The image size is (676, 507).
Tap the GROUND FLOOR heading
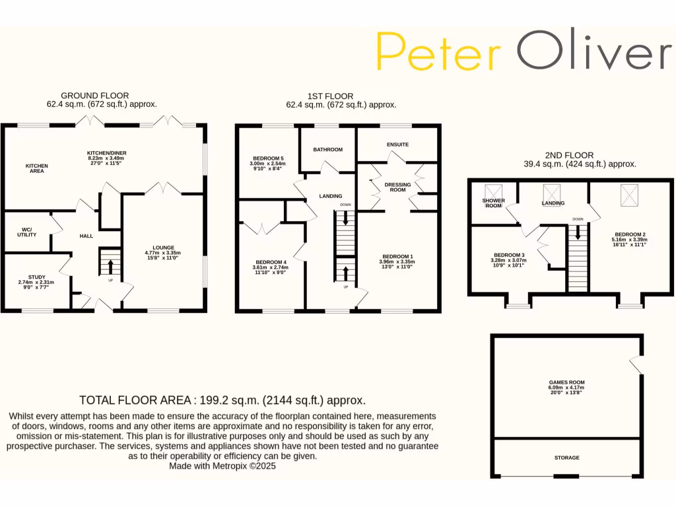(95, 96)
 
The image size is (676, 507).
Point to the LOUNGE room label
(162, 247)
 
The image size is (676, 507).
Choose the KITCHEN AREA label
(37, 168)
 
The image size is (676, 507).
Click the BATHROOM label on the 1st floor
(328, 150)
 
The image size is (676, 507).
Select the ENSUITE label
(397, 145)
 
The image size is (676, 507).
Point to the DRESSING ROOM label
(397, 187)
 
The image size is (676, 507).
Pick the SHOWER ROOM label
(493, 203)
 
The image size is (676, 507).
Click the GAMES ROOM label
(567, 382)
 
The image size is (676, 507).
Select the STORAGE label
(567, 457)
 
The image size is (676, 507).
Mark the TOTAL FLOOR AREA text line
(222, 400)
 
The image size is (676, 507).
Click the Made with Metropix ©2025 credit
(222, 465)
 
